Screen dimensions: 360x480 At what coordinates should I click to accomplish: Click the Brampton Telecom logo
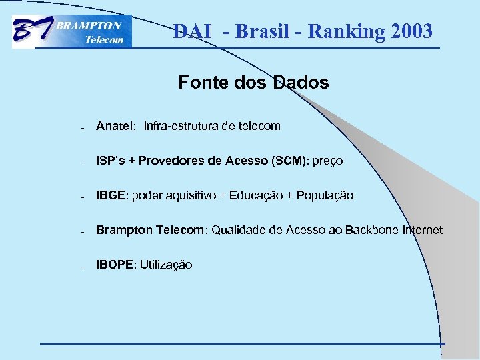tap(72, 32)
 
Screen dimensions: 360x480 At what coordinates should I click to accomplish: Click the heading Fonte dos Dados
tap(253, 83)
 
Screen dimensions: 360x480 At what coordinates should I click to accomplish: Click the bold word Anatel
tap(115, 126)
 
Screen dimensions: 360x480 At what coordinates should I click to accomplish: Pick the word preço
tap(328, 161)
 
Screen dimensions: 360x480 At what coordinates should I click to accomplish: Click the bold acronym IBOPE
tap(115, 265)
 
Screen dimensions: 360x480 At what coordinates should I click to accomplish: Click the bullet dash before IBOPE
tap(80, 266)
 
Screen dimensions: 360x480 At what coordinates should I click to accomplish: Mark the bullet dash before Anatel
tap(80, 127)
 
